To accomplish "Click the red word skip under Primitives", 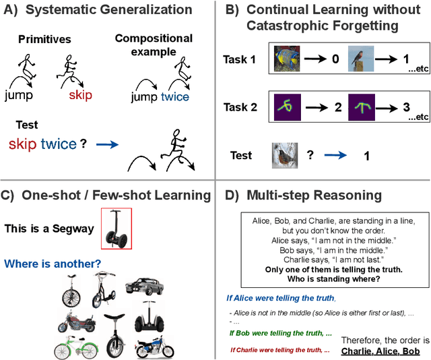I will tap(80, 96).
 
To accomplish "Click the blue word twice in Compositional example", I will tap(174, 96).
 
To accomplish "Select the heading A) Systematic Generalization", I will tap(99, 10).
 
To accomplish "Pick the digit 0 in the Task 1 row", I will tap(335, 59).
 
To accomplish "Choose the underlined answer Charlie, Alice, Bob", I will tap(380, 351).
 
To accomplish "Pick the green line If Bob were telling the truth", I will tap(279, 333).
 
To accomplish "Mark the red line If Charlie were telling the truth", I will tap(279, 350).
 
